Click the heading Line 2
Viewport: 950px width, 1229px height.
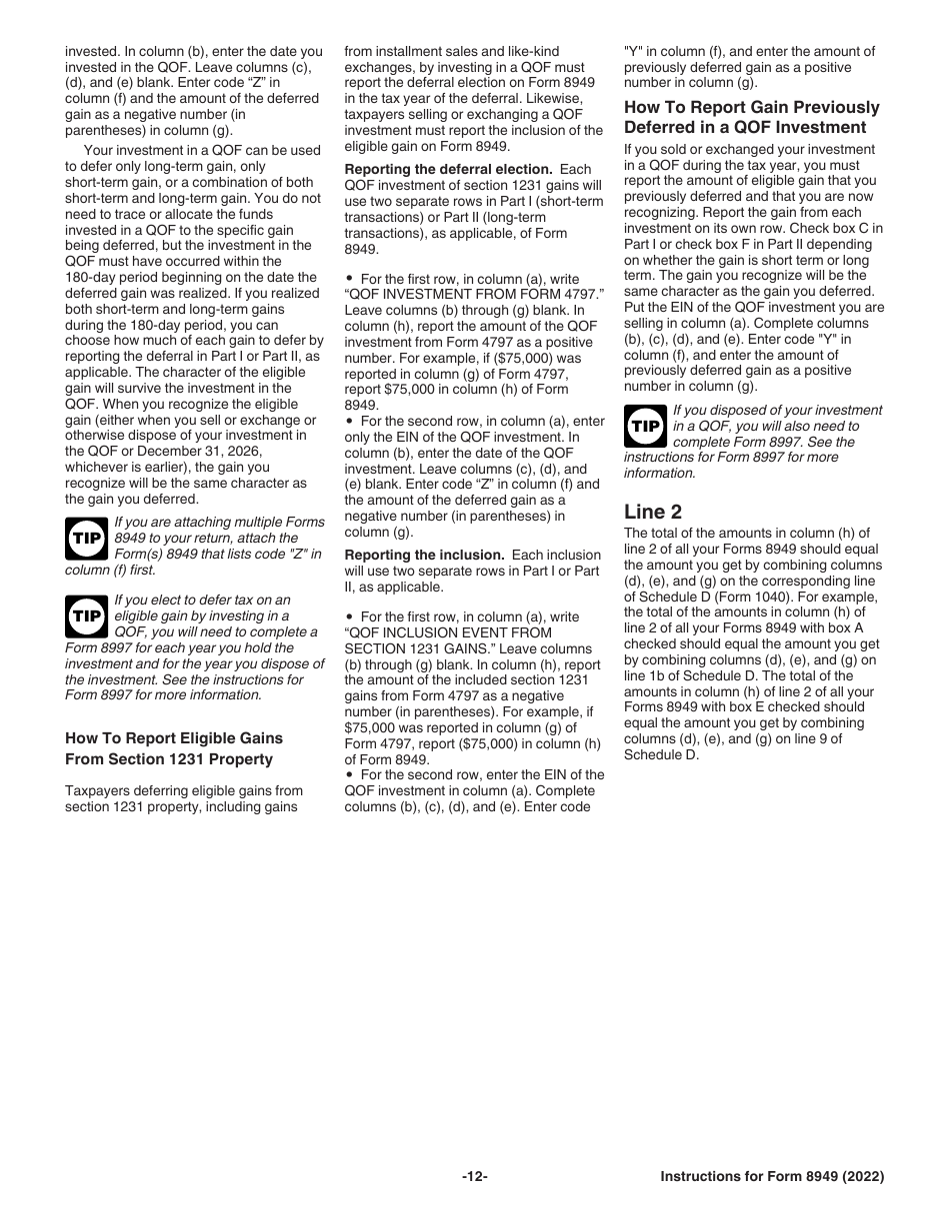tap(653, 512)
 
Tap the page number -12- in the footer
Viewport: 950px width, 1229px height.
tap(475, 1177)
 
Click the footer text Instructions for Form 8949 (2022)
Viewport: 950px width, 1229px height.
tap(772, 1177)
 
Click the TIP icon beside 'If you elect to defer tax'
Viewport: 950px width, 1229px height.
tap(85, 615)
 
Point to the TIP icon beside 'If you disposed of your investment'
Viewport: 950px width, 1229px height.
tap(644, 426)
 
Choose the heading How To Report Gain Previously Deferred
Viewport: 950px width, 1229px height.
tap(751, 117)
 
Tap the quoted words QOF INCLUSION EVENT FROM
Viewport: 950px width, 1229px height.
tap(448, 632)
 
